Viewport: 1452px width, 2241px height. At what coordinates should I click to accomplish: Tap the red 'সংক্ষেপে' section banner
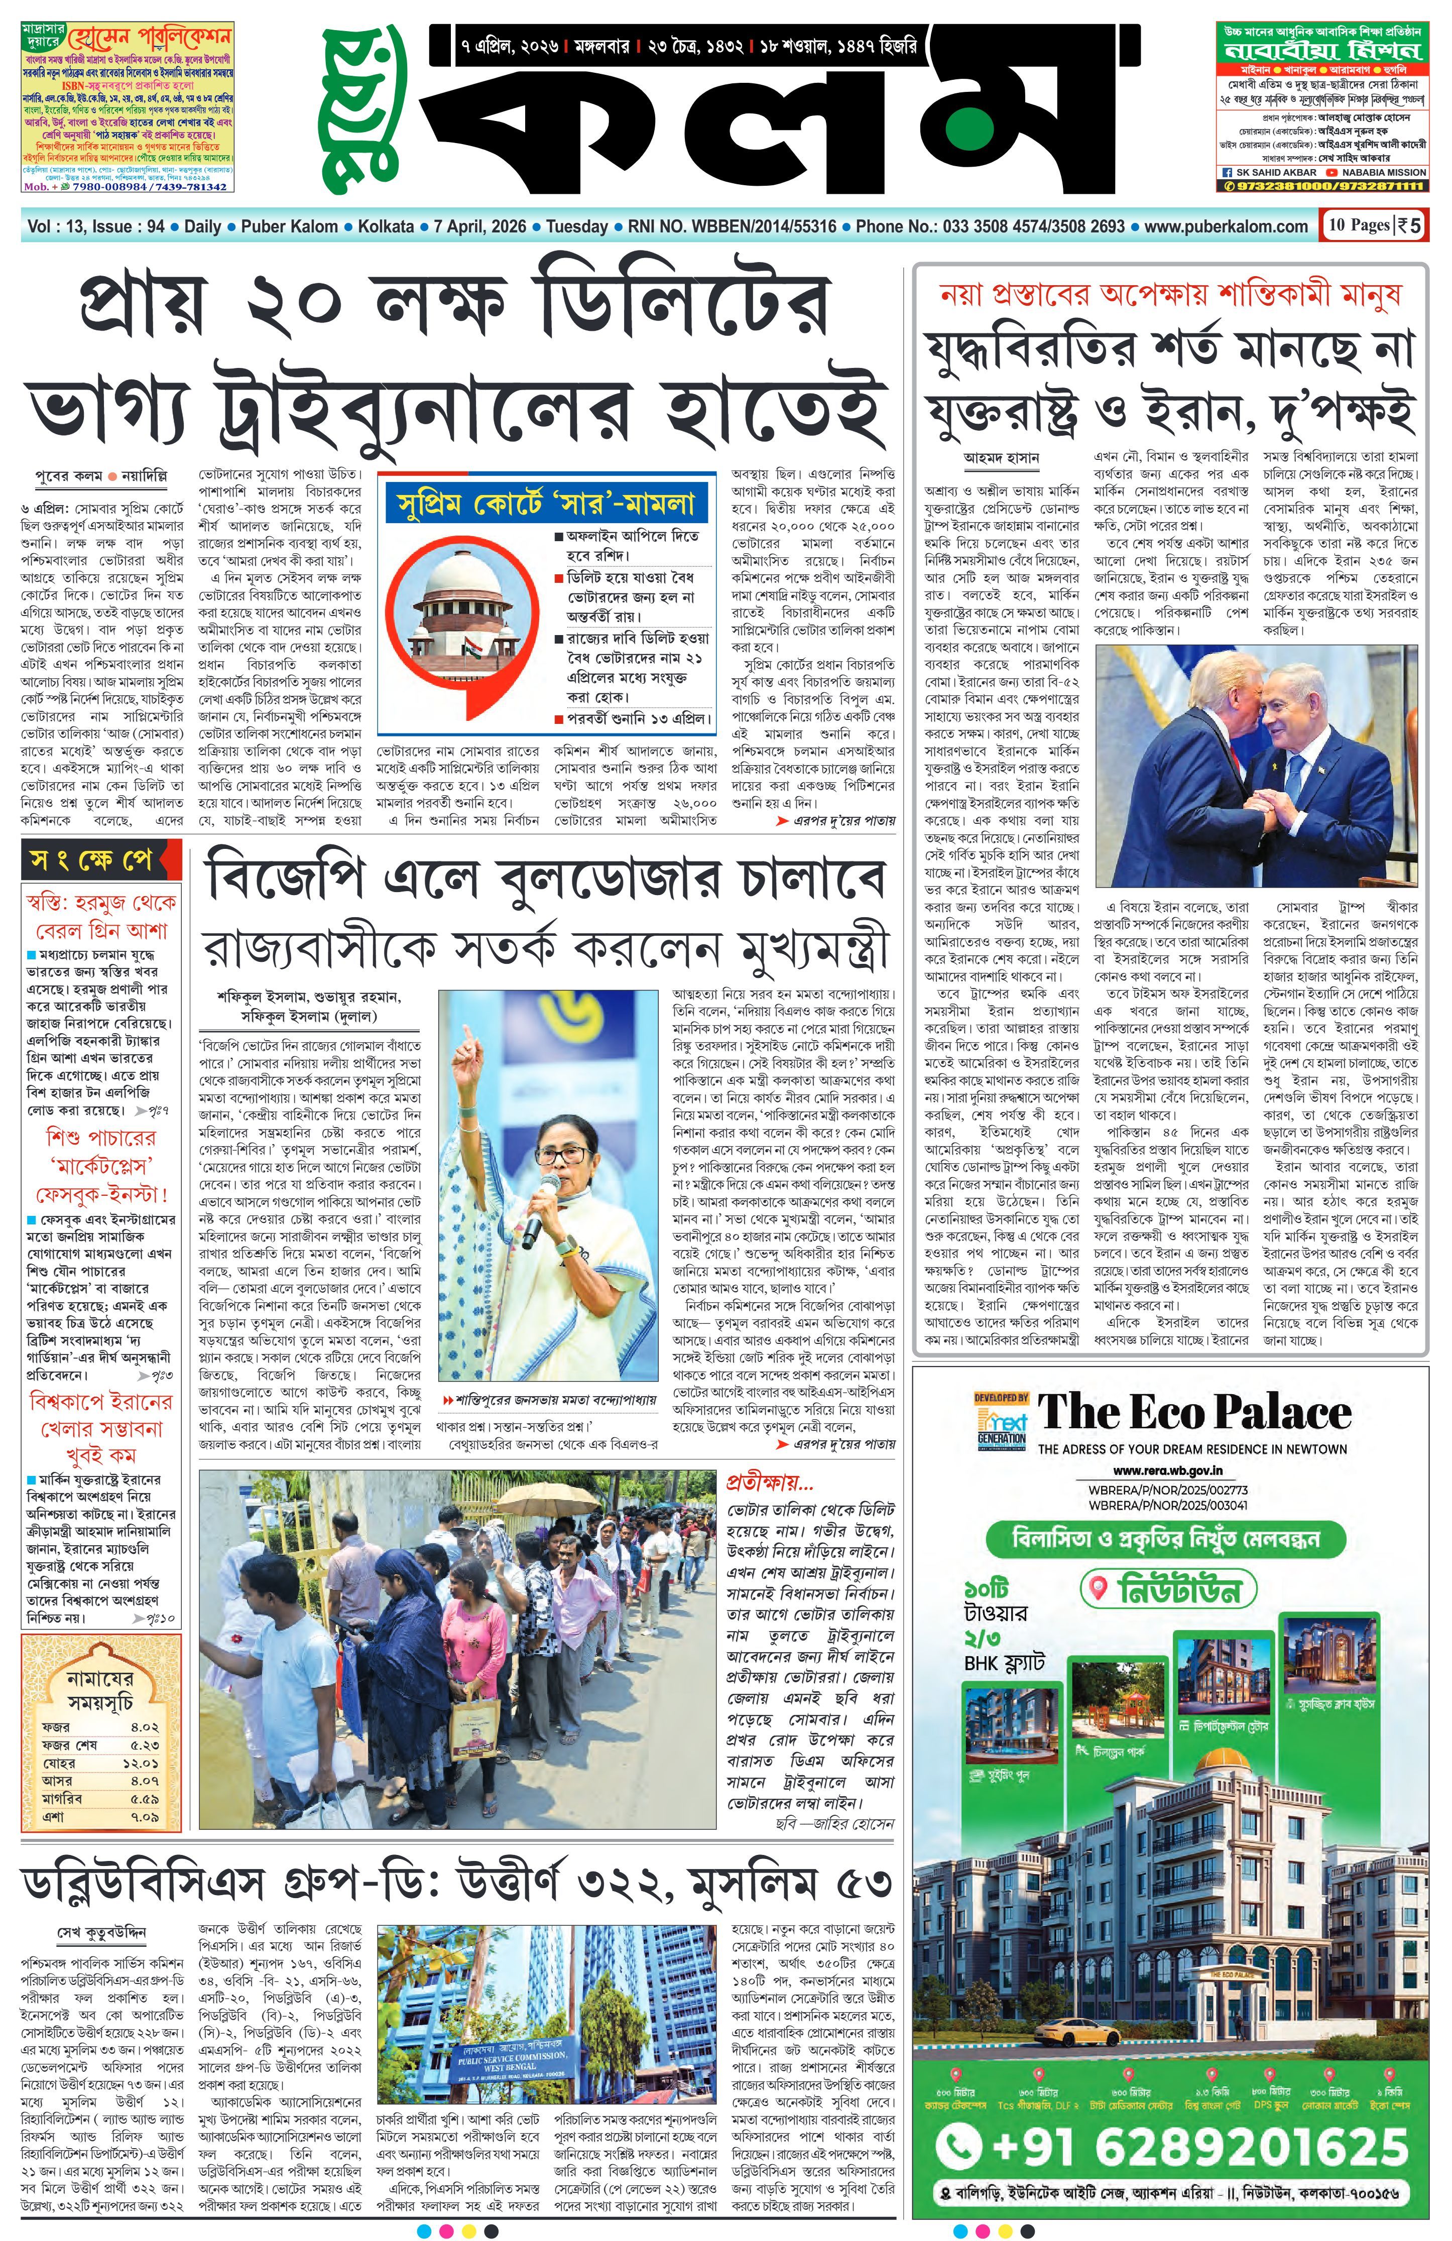[90, 860]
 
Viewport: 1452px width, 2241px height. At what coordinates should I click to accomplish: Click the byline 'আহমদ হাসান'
[1001, 458]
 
